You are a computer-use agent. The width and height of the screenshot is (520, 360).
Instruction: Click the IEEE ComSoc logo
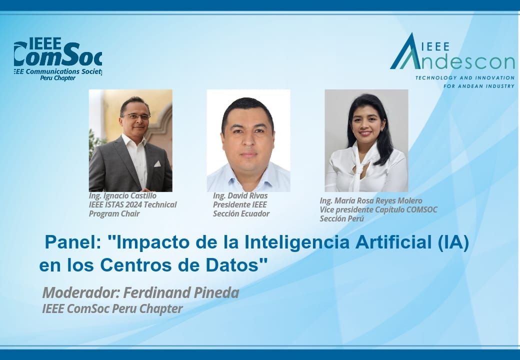click(58, 58)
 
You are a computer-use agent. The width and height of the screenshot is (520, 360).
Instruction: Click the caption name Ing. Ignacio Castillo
click(122, 196)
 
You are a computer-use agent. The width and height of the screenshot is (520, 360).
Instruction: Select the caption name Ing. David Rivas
click(240, 196)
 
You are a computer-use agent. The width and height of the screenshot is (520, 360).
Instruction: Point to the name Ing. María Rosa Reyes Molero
click(371, 201)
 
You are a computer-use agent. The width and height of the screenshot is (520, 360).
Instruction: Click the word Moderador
click(81, 292)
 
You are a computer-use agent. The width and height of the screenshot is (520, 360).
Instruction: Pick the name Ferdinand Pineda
click(181, 292)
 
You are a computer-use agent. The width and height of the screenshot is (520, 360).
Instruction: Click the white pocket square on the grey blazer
click(157, 164)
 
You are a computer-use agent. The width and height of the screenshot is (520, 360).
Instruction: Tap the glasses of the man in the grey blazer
click(136, 116)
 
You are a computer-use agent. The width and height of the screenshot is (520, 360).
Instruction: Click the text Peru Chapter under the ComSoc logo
click(57, 78)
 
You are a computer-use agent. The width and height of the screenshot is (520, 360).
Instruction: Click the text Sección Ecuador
click(241, 214)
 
